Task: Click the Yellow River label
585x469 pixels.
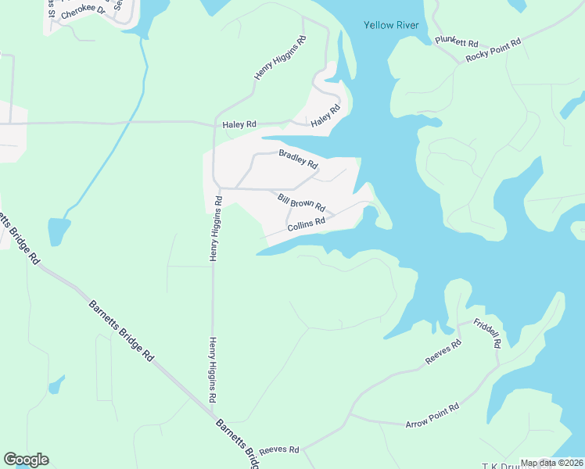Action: (x=391, y=25)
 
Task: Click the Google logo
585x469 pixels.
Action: (x=26, y=460)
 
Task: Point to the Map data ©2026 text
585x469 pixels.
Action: (x=551, y=463)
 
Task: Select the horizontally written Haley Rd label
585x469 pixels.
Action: (x=239, y=124)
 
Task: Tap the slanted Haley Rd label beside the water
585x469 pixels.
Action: (x=325, y=117)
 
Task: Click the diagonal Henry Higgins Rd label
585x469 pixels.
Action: (x=279, y=56)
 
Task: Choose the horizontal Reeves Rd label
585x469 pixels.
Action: (x=279, y=449)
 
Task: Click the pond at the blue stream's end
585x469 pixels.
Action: (x=59, y=231)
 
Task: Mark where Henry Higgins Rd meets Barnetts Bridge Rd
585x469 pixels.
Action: (x=214, y=410)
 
